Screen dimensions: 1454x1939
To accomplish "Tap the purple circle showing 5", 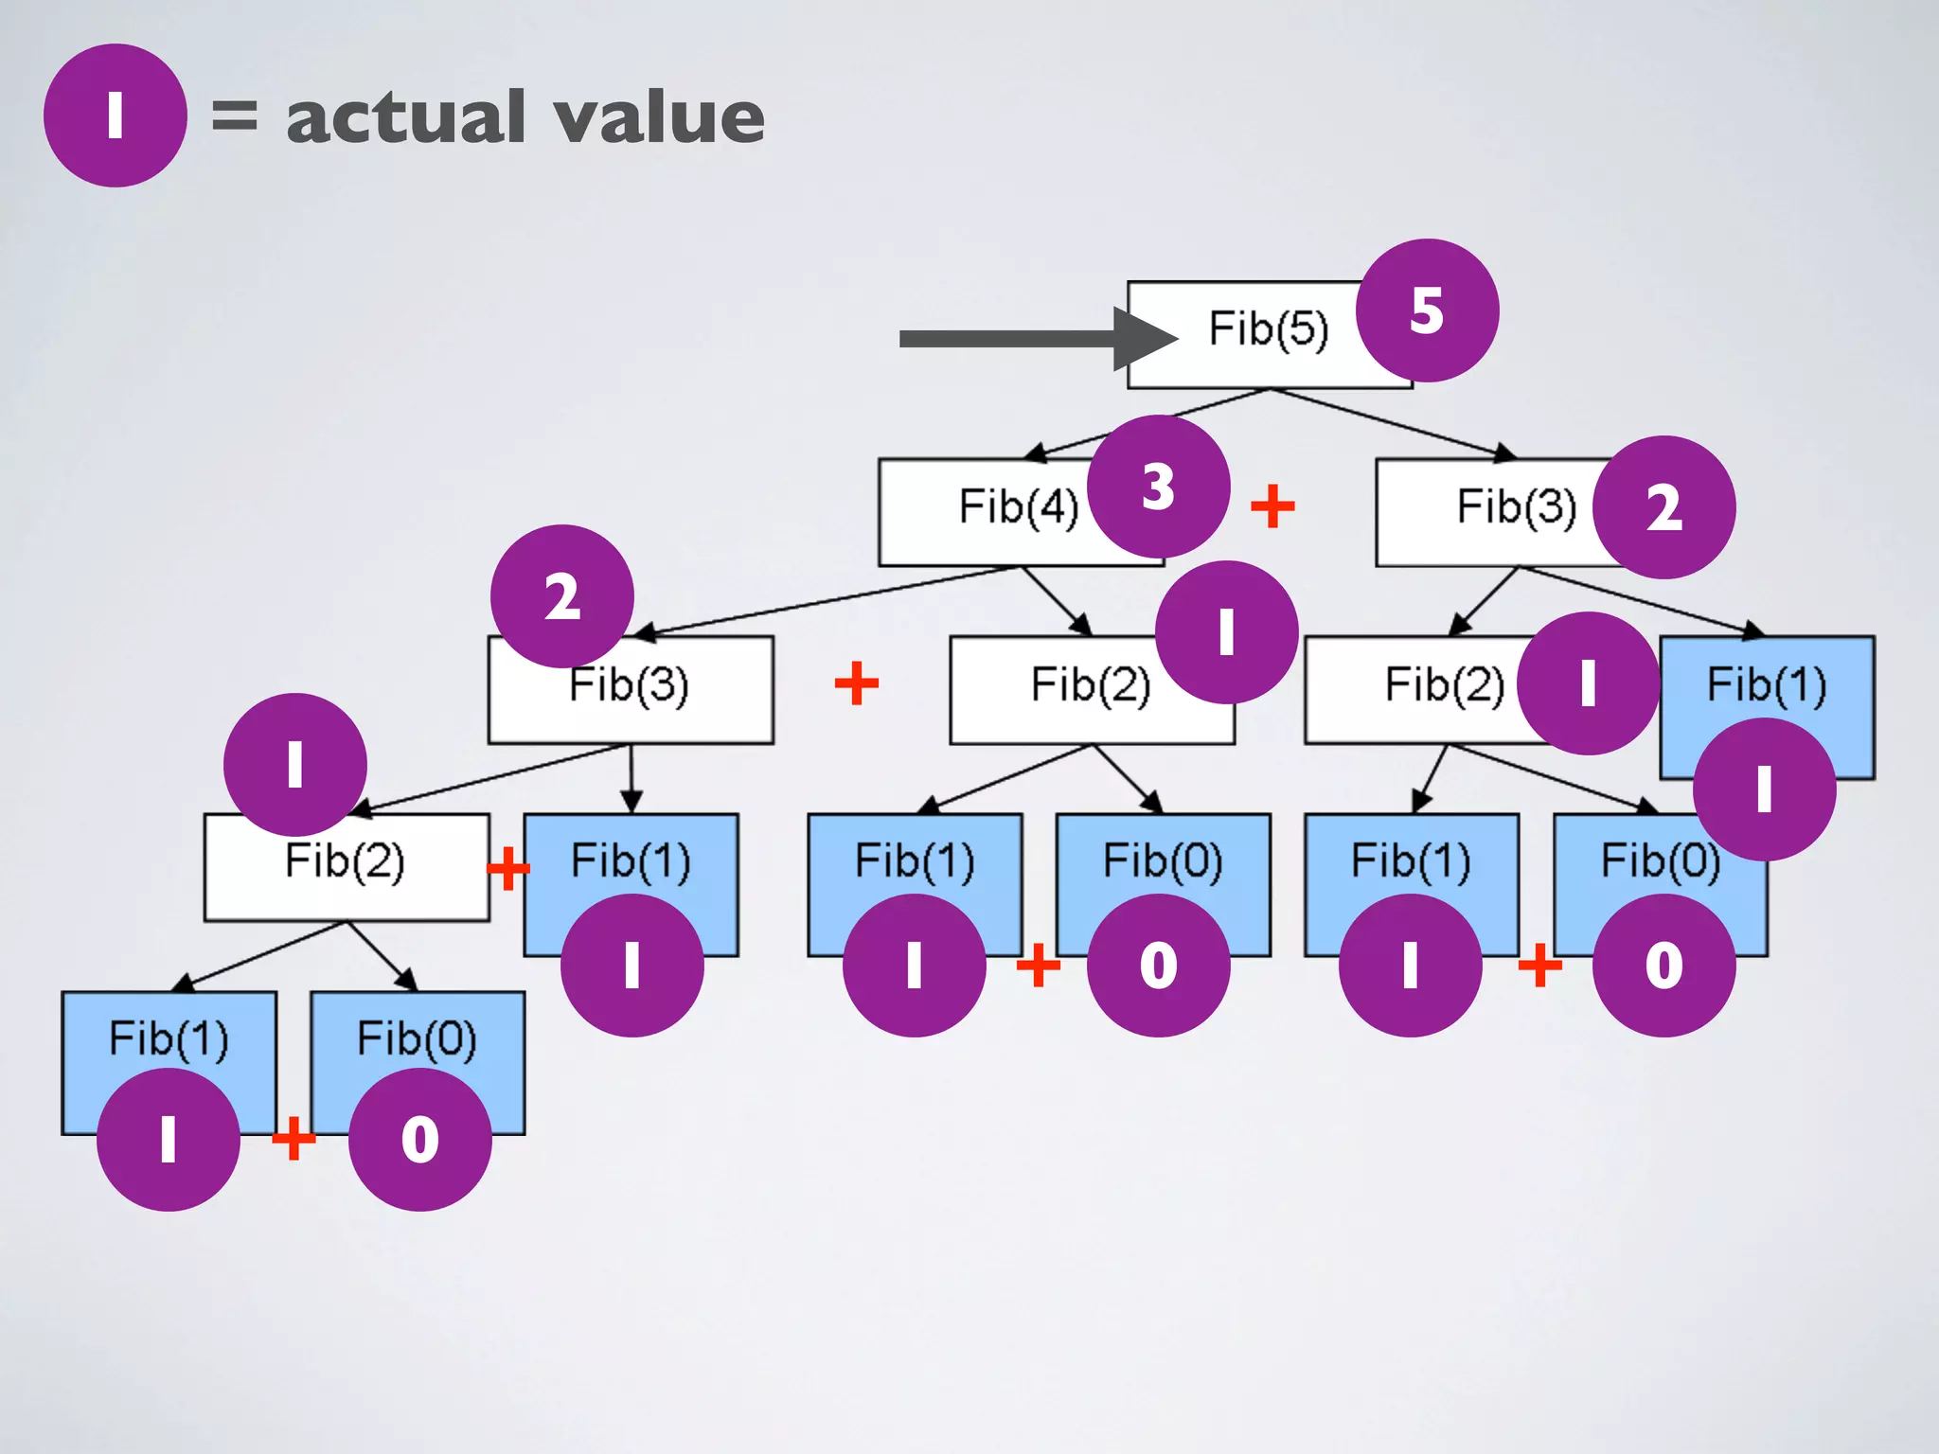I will pyautogui.click(x=1427, y=310).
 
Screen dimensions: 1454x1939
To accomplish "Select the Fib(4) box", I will pyautogui.click(x=994, y=511).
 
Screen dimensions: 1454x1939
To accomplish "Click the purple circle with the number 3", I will pyautogui.click(x=1158, y=487).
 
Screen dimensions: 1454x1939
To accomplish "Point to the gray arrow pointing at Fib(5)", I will pyautogui.click(x=1023, y=339).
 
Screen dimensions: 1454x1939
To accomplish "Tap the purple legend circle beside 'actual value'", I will pyautogui.click(x=115, y=115).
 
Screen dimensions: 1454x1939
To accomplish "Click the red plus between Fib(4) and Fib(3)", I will pyautogui.click(x=1272, y=506).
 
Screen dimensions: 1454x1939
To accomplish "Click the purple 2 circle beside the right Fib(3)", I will pyautogui.click(x=1663, y=507).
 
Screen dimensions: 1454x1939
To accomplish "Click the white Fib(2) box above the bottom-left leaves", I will pyautogui.click(x=346, y=866).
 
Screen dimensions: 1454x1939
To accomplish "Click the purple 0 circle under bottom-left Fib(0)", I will pyautogui.click(x=419, y=1139).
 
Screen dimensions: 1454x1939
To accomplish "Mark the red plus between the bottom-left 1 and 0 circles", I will pyautogui.click(x=294, y=1137).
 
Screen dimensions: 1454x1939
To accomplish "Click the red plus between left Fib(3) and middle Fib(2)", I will pyautogui.click(x=857, y=683).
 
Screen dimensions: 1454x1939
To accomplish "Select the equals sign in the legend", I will pyautogui.click(x=234, y=115).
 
